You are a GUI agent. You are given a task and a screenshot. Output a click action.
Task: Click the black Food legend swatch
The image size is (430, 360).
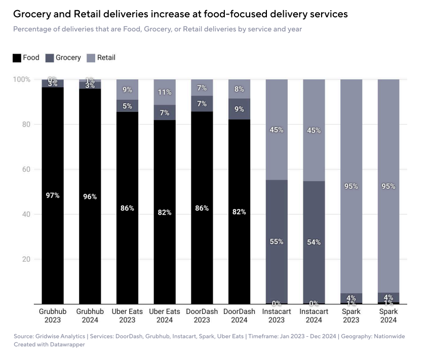pyautogui.click(x=17, y=58)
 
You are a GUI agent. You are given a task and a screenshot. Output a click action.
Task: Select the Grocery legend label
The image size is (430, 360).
pyautogui.click(x=68, y=58)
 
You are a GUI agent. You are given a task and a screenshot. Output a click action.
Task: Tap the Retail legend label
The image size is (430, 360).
pyautogui.click(x=106, y=58)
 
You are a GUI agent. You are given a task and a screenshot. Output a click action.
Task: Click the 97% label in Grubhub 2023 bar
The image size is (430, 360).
pyautogui.click(x=53, y=195)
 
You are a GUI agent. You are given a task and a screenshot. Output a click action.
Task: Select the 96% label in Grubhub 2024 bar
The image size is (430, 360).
pyautogui.click(x=90, y=196)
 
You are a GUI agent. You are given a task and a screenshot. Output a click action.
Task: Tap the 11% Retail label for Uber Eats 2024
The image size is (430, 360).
pyautogui.click(x=165, y=92)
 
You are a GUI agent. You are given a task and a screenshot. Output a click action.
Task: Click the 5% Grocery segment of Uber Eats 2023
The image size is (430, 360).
pyautogui.click(x=127, y=106)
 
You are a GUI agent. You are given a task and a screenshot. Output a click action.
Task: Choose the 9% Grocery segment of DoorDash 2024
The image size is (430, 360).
pyautogui.click(x=239, y=109)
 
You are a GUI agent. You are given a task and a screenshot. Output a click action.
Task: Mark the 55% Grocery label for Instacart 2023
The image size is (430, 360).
pyautogui.click(x=277, y=242)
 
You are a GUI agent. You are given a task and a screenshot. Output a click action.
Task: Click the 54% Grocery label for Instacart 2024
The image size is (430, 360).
pyautogui.click(x=314, y=242)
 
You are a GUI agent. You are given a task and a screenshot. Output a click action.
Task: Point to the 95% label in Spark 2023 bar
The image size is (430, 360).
pyautogui.click(x=351, y=186)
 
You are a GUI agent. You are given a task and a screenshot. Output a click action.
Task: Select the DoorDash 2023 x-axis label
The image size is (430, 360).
pyautogui.click(x=202, y=316)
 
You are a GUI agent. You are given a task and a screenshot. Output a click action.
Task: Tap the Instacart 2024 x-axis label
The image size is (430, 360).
pyautogui.click(x=314, y=316)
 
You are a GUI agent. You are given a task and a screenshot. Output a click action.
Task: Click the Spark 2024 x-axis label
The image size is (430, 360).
pyautogui.click(x=388, y=316)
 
